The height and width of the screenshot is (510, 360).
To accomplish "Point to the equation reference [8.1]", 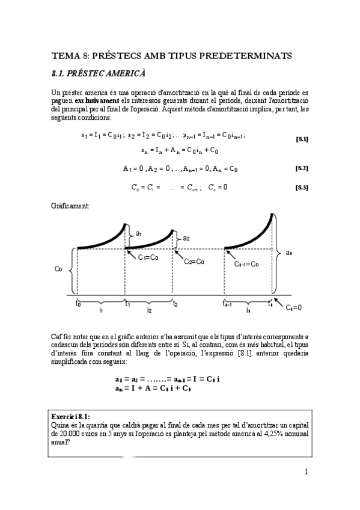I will click(302, 139).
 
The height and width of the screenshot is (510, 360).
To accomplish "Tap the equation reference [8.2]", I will click(302, 168).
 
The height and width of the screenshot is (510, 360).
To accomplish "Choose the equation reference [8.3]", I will click(302, 188).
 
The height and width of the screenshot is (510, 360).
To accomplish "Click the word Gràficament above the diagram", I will click(70, 206).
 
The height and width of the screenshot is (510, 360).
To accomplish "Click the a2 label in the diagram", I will click(186, 238).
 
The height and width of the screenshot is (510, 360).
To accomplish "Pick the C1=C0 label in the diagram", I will click(148, 257).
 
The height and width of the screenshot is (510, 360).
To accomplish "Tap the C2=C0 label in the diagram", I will click(193, 262).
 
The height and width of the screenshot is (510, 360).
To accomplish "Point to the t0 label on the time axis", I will click(78, 304).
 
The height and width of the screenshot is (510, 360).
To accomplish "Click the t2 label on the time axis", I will click(175, 304).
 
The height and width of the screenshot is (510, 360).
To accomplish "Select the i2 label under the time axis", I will click(149, 311).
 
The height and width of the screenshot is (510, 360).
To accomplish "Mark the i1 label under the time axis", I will click(101, 311).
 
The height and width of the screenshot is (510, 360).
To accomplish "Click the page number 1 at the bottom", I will click(306, 472).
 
